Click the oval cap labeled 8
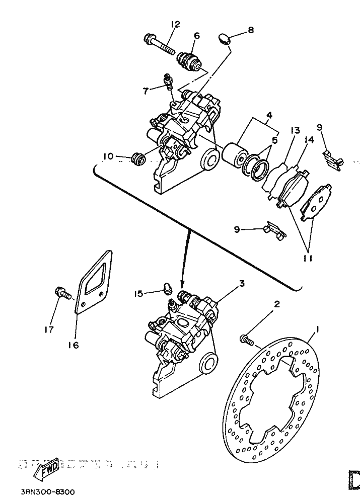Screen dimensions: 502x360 pos(224,38)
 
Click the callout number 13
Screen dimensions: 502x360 pos(294,130)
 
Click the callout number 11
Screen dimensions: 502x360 pos(308,258)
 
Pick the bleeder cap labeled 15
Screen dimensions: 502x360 pos(168,289)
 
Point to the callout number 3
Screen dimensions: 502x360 pos(242,284)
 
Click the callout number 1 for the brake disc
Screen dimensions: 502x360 pos(317,329)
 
